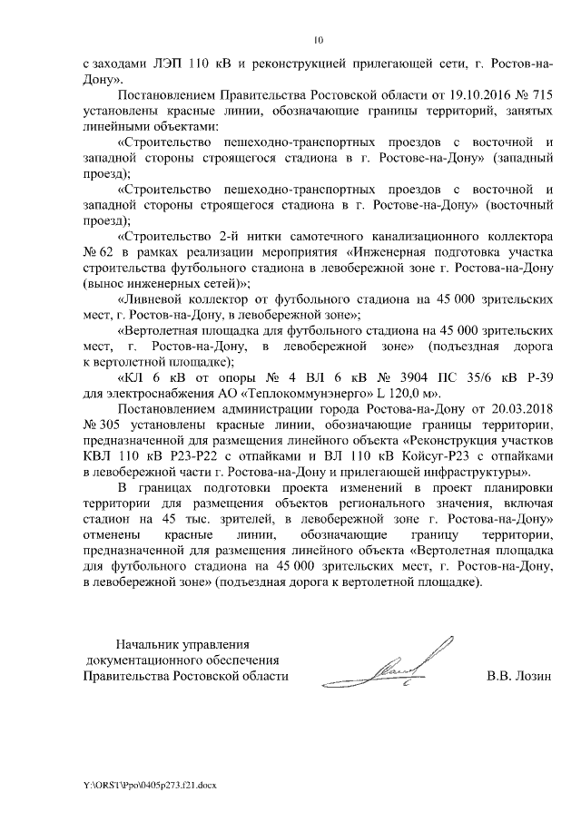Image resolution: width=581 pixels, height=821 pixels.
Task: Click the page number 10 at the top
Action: coord(318,39)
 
